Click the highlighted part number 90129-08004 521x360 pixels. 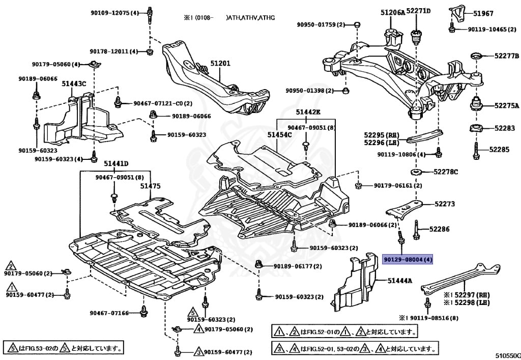click(408, 260)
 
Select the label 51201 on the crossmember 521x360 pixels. click(220, 63)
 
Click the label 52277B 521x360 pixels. click(506, 56)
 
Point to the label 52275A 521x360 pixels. click(506, 106)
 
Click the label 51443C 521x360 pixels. click(74, 83)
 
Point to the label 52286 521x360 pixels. click(439, 230)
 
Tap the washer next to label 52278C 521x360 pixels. click(416, 172)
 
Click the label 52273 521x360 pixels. click(444, 204)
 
